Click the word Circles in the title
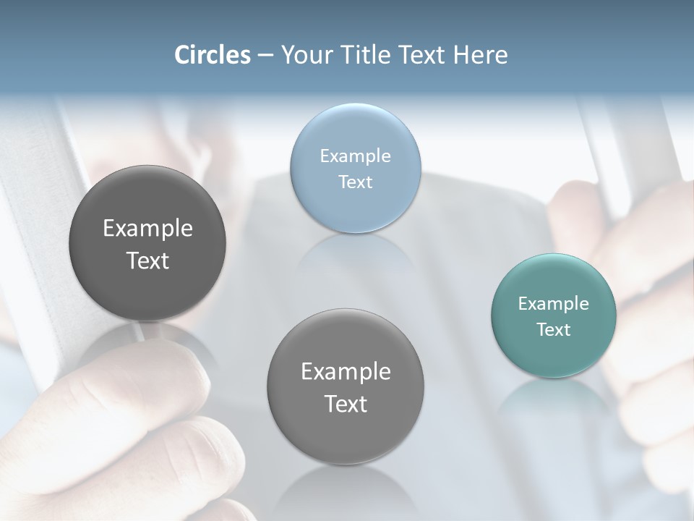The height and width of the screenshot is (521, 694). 212,55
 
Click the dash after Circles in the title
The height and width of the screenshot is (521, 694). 265,56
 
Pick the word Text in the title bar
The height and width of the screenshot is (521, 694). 421,55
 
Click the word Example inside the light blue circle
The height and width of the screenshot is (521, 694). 355,156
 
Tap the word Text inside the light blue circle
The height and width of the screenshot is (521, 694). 355,182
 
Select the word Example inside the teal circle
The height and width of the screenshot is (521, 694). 553,304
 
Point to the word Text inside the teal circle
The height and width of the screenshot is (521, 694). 553,329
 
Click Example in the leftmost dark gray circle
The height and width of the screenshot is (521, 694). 147,229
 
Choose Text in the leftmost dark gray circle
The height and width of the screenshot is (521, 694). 147,260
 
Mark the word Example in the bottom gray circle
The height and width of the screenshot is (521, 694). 346,372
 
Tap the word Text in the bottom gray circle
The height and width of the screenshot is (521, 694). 346,404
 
